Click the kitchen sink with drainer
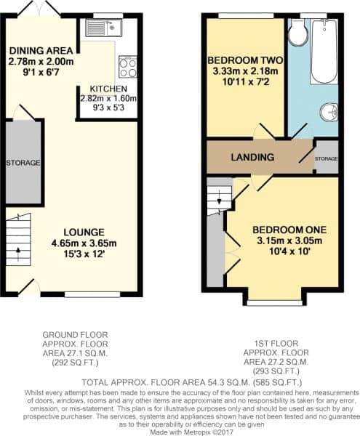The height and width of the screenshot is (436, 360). (103, 28)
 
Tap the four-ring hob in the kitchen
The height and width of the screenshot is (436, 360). (128, 66)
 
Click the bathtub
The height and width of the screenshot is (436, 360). (324, 51)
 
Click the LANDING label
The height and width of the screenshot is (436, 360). (252, 157)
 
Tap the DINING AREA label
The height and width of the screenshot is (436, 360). (41, 51)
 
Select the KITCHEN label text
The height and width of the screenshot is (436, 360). (108, 89)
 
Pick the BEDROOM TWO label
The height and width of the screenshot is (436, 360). (245, 60)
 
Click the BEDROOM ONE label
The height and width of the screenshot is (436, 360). (289, 230)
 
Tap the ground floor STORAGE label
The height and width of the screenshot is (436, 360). (23, 163)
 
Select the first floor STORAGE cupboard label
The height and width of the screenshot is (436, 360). (326, 158)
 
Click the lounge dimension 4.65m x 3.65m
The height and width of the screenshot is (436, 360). (84, 243)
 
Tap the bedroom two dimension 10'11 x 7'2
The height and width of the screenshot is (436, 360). (245, 82)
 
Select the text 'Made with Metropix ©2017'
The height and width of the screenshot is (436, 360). (192, 432)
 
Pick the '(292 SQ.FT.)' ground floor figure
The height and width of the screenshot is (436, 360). (75, 363)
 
